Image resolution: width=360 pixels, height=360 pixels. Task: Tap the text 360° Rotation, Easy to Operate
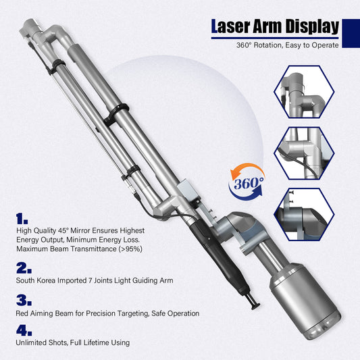(x=286, y=46)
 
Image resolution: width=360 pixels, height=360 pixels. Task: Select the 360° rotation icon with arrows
(x=247, y=184)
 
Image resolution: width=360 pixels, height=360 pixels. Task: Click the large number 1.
(x=22, y=220)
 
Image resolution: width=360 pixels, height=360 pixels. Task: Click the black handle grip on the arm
(x=203, y=250)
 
